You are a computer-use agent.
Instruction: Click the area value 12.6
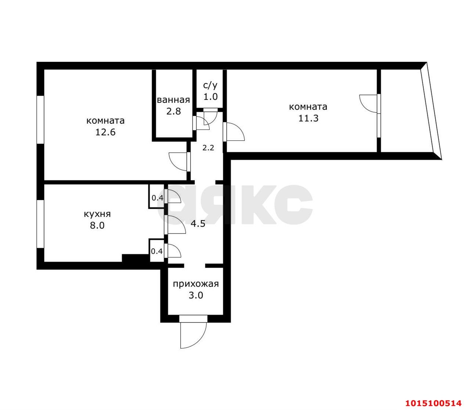point(105,132)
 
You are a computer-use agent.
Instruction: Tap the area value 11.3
point(308,118)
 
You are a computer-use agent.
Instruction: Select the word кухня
point(97,214)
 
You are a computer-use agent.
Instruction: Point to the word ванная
point(173,100)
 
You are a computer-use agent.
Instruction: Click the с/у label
point(210,86)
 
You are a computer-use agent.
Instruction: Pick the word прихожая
point(196,284)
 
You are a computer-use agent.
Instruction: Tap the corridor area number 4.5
point(198,224)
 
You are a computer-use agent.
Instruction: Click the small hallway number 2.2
point(208,147)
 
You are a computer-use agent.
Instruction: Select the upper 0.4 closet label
point(158,197)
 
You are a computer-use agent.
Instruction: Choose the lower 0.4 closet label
point(157,251)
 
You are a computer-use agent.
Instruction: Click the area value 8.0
point(97,225)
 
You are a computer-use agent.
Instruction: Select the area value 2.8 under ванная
point(173,111)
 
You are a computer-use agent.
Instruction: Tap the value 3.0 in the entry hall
point(196,295)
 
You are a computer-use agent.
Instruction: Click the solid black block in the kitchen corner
point(135,258)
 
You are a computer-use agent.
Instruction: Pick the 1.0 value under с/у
point(210,97)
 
